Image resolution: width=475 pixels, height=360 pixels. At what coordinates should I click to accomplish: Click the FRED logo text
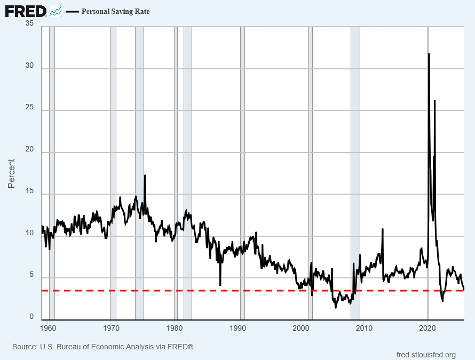[26, 11]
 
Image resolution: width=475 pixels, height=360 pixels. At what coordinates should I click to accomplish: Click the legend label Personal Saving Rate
[115, 11]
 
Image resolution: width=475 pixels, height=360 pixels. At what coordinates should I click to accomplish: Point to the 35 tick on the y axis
[29, 24]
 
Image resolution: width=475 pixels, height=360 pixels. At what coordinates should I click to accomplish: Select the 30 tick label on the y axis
[29, 66]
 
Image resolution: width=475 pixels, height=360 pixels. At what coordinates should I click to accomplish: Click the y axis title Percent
[11, 173]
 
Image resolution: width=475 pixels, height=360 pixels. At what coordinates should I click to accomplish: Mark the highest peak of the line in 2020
[429, 54]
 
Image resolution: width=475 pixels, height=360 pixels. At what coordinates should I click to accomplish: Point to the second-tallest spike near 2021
[435, 101]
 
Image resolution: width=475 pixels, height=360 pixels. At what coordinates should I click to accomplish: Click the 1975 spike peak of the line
[145, 175]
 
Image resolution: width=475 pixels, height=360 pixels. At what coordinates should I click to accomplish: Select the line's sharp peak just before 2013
[383, 229]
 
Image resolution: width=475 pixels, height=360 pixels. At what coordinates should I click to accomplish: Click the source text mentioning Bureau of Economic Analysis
[102, 347]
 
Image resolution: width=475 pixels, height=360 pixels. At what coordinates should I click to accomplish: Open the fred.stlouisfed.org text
[426, 355]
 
